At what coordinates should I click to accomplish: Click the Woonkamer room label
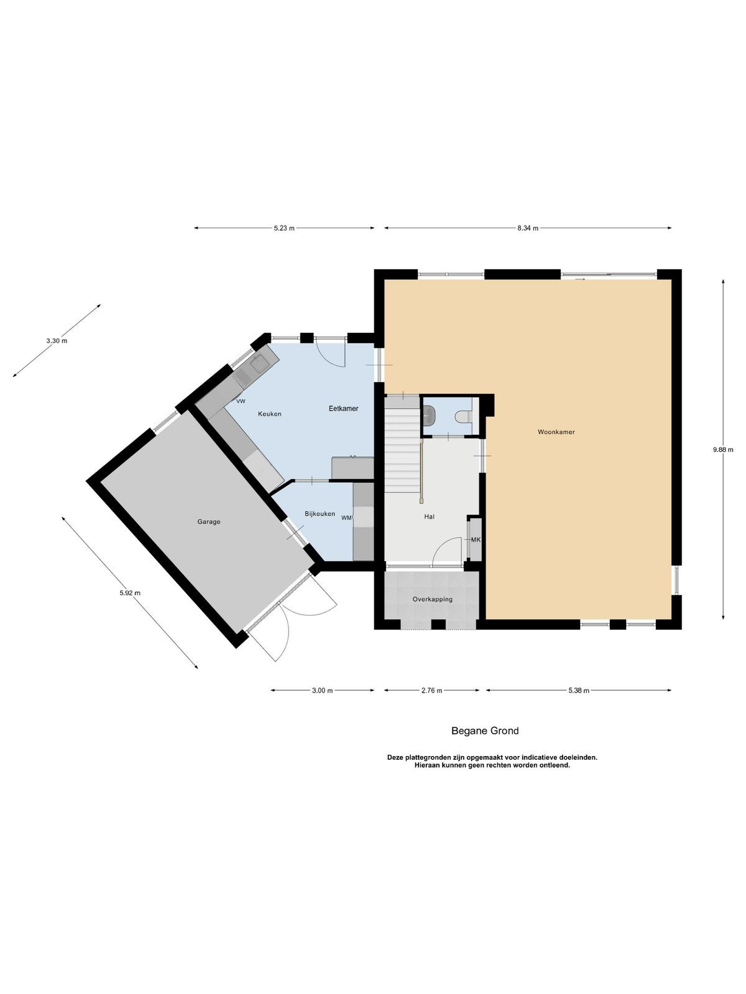coord(556,432)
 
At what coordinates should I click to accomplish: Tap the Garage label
coord(209,522)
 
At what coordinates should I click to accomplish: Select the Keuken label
coord(270,414)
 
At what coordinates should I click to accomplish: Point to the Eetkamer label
coord(343,408)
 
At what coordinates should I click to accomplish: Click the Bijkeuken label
coord(320,514)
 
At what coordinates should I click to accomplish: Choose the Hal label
coord(429,516)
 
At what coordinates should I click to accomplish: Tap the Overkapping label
coord(432,599)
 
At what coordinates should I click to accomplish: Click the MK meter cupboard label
coord(476,540)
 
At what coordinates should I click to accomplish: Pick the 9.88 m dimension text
coord(722,450)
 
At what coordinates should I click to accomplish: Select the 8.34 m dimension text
coord(528,228)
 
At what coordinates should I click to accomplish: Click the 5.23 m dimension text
coord(284,228)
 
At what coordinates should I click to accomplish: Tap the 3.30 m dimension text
coord(57,341)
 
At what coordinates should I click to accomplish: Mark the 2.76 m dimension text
coord(431,691)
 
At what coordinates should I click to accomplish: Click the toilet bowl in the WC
coord(463,416)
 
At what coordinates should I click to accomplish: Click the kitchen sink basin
coord(259,363)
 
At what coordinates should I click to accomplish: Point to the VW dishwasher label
coord(241,401)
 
